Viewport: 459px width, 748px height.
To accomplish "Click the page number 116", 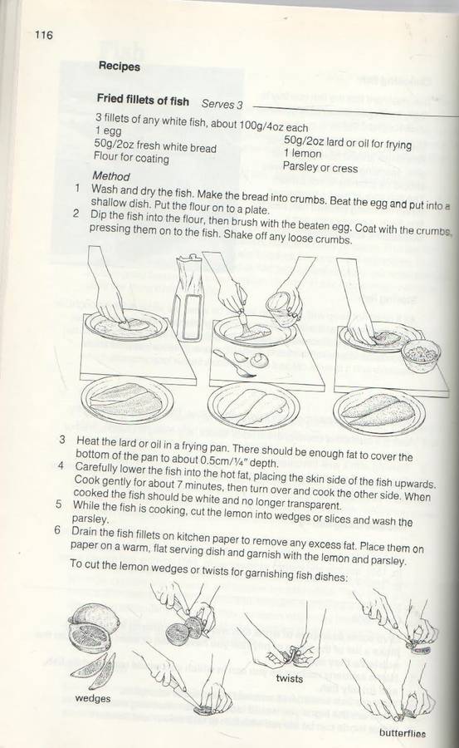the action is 43,35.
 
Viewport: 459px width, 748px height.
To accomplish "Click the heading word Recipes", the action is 120,66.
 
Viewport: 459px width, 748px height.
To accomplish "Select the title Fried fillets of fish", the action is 143,100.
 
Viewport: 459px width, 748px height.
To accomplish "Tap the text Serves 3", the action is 222,104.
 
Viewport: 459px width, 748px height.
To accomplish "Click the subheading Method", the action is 111,176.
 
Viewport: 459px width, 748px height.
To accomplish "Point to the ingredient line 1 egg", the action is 108,130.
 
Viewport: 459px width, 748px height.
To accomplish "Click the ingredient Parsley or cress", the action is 320,167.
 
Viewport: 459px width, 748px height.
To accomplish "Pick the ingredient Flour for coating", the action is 131,157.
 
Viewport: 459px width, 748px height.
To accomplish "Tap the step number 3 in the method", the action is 62,439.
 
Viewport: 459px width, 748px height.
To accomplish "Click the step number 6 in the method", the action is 57,530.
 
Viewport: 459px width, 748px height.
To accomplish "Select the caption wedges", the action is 92,698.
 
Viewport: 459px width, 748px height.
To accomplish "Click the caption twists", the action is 290,678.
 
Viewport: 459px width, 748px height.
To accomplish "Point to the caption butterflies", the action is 403,733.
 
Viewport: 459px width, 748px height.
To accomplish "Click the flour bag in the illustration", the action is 190,298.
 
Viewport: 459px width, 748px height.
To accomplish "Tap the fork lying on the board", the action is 233,365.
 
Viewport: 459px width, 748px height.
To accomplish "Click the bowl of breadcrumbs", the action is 421,355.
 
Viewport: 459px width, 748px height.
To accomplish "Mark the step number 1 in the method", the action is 77,188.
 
